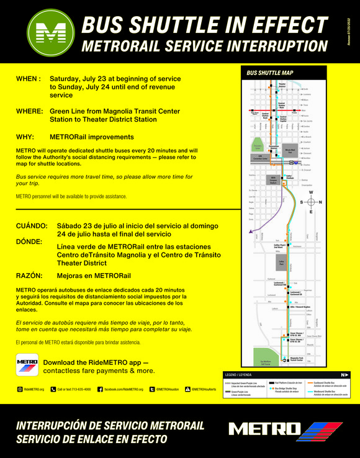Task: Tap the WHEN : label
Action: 29,79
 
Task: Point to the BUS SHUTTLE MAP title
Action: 270,73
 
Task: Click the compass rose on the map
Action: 312,202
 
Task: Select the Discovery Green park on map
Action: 258,148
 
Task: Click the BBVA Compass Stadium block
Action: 274,181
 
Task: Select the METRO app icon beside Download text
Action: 27,366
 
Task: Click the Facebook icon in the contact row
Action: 100,389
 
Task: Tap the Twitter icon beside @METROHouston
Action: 152,389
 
